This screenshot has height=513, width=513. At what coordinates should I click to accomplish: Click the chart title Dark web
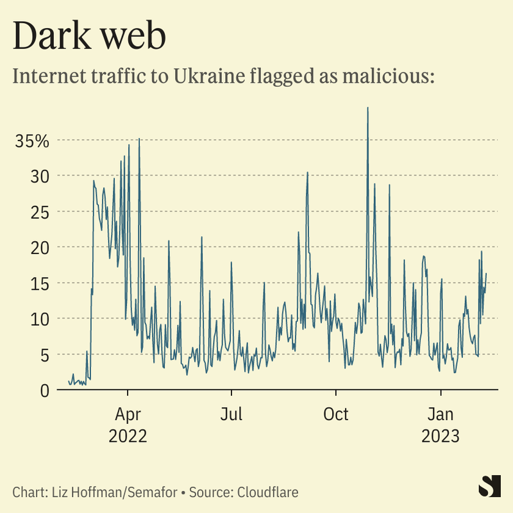coord(89,37)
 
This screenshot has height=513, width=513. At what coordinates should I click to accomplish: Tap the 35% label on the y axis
coord(32,140)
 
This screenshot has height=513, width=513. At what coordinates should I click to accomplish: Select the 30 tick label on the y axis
coord(40,176)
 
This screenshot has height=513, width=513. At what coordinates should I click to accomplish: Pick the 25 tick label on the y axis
coord(40,212)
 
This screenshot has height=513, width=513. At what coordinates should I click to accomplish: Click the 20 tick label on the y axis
coord(40,248)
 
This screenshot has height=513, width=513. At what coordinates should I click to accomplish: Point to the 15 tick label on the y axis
coord(40,283)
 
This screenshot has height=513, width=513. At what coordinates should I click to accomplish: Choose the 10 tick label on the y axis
coord(40,319)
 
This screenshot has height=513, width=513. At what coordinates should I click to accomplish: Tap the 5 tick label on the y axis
coord(45,355)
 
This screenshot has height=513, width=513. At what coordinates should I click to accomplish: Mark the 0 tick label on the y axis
coord(45,390)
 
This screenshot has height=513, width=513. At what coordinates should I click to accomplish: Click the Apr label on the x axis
coord(128,414)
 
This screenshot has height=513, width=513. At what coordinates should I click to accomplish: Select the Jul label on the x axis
coord(231,414)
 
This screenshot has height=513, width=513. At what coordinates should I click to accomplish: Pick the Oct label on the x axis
coord(335,414)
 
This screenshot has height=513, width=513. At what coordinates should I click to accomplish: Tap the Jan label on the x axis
coord(441,414)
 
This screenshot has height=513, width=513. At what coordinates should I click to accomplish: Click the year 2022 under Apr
coord(128,436)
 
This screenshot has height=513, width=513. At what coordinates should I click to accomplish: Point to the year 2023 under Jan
coord(441,436)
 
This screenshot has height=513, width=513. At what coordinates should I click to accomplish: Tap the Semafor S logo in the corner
coord(489,485)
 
